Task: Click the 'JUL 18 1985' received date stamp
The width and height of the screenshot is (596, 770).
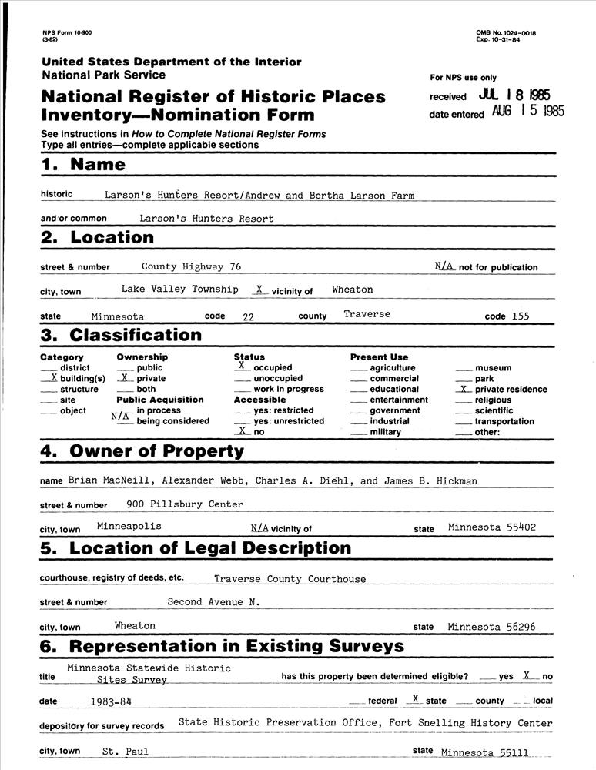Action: pos(514,95)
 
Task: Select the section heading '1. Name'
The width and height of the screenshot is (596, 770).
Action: pos(82,165)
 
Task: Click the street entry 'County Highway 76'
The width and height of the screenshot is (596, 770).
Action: pos(192,266)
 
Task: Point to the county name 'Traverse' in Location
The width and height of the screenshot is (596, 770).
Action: pos(367,314)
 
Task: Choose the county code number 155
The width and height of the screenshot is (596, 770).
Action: pos(520,316)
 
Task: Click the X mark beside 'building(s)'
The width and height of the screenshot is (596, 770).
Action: pos(53,378)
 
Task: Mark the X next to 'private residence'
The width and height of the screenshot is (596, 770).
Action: pos(463,389)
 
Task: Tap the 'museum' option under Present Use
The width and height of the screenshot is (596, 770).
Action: pos(493,368)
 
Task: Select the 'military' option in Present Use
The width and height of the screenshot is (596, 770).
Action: pos(385,432)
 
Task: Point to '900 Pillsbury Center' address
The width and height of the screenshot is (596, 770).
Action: pos(185,504)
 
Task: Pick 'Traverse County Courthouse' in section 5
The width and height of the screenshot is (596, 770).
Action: pos(290,578)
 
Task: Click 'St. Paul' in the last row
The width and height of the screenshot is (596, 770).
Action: pos(126,752)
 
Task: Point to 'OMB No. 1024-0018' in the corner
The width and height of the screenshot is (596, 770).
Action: pos(506,33)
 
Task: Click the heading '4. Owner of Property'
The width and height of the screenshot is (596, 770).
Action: pos(142,451)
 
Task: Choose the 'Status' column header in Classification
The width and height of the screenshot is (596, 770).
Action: pos(249,357)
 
